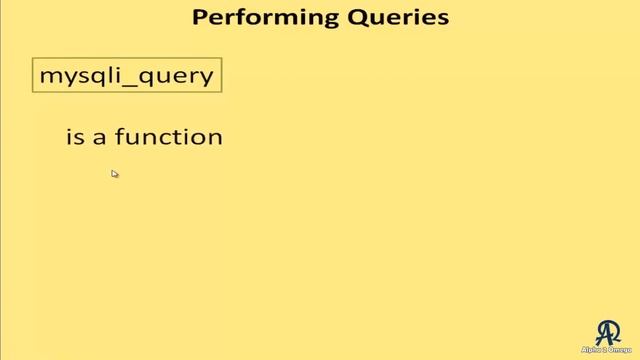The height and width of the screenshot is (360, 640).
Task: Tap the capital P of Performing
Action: [199, 17]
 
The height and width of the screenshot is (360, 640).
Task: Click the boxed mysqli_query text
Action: [126, 76]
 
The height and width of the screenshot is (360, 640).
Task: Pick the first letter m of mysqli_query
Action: [48, 77]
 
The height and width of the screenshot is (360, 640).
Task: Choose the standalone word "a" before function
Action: [100, 138]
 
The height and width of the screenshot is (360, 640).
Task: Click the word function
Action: [168, 137]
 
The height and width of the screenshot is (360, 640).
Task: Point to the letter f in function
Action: [119, 136]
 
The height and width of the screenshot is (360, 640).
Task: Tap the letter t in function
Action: [179, 137]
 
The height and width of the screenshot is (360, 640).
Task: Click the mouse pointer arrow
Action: [114, 173]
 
